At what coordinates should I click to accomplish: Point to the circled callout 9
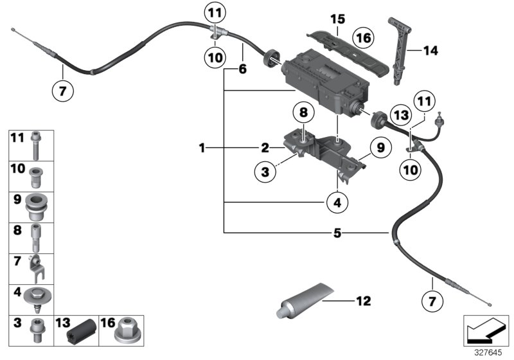380,148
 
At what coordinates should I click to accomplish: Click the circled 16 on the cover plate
364,38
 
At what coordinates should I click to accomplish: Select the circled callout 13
402,114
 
